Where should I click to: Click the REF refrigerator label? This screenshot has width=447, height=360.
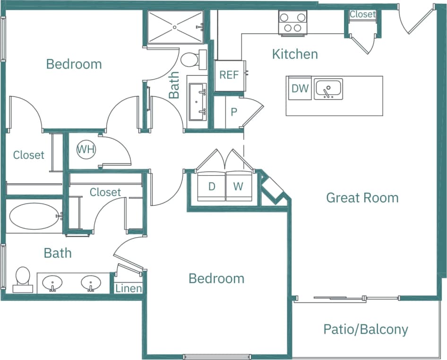(229, 75)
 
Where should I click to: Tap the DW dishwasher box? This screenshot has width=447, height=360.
(300, 88)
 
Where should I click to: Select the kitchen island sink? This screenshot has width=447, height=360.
(328, 89)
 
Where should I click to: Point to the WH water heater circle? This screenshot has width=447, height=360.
(86, 150)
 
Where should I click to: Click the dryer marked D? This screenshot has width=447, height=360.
(212, 187)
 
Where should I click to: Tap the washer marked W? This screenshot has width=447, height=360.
(238, 187)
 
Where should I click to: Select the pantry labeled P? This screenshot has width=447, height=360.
(233, 112)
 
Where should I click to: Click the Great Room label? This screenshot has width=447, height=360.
(362, 197)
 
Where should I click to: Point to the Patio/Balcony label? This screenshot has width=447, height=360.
(366, 329)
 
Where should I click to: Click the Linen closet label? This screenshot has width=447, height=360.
(129, 288)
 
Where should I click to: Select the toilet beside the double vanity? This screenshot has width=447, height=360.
(23, 279)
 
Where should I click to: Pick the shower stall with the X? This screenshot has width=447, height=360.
(174, 27)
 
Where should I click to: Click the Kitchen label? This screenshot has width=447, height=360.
(295, 54)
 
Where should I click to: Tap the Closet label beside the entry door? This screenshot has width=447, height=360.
(362, 14)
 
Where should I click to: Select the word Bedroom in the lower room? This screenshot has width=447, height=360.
(216, 278)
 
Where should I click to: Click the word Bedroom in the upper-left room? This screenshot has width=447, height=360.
(74, 64)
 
